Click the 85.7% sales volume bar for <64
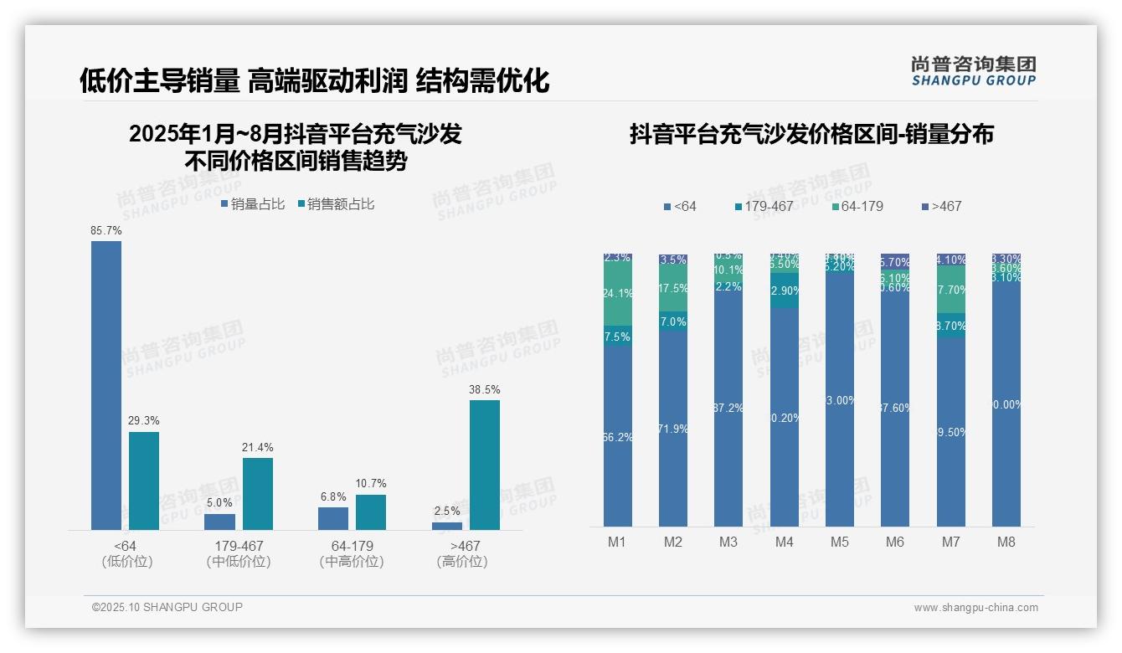[106, 385]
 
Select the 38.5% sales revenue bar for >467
[484, 465]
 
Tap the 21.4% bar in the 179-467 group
[258, 493]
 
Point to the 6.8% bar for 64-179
[333, 518]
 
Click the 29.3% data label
[143, 421]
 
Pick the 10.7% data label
[371, 484]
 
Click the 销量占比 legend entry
[253, 204]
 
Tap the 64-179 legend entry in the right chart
[858, 206]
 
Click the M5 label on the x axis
[840, 542]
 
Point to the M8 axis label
[1006, 542]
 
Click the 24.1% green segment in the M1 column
[618, 293]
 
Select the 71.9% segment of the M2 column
[673, 429]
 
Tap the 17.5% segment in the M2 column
[673, 288]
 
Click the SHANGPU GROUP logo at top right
[973, 71]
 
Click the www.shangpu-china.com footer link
[975, 608]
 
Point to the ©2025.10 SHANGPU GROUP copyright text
[167, 607]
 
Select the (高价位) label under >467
[461, 562]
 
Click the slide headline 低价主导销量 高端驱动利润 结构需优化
[314, 80]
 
